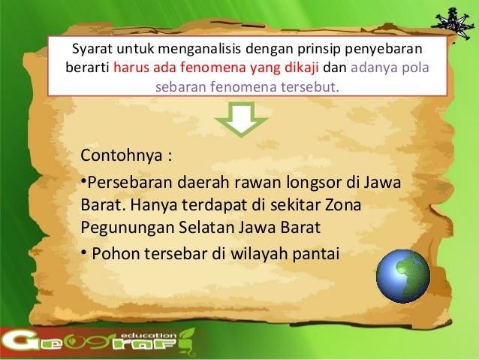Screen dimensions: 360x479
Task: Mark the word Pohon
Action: pos(114,253)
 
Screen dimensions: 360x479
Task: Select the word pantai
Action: pos(316,253)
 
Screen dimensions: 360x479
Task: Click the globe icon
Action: pos(404,275)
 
